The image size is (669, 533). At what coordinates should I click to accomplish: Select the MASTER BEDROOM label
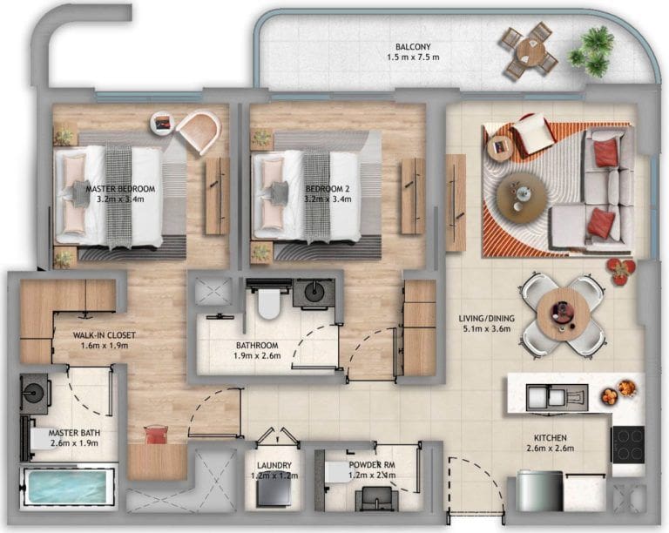[x=120, y=189]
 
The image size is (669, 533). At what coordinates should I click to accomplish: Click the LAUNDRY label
[x=274, y=466]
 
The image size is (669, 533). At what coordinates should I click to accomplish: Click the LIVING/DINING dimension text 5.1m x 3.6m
[x=487, y=332]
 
